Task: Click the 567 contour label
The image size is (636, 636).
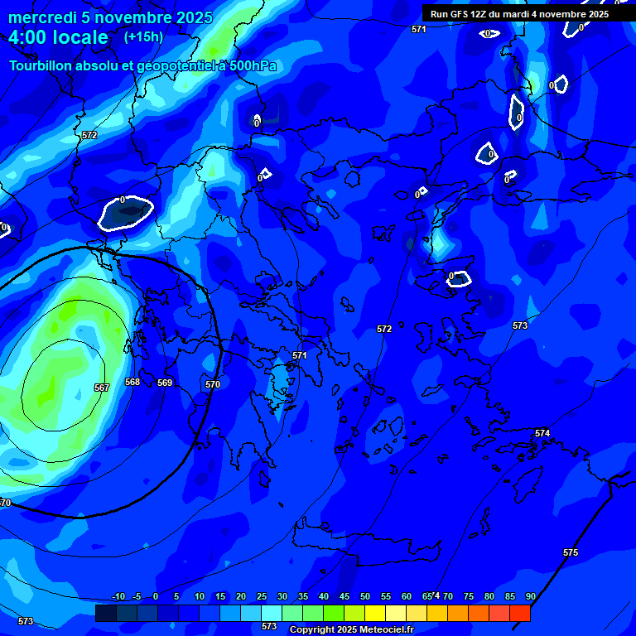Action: click(101, 388)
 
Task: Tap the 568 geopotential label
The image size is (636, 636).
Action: click(132, 382)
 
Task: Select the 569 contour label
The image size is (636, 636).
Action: click(165, 383)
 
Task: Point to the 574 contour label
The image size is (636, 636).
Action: click(542, 433)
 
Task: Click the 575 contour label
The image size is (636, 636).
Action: click(571, 552)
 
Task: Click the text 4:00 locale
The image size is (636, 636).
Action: click(59, 37)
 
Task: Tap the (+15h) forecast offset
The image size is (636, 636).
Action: click(143, 36)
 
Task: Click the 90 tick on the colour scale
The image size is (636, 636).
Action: click(530, 596)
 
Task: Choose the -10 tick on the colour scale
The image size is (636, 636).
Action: click(118, 596)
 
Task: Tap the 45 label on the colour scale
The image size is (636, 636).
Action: click(344, 596)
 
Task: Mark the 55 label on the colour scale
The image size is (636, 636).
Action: click(386, 596)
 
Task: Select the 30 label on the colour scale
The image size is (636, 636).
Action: click(282, 596)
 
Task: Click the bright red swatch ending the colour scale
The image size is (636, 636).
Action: click(520, 613)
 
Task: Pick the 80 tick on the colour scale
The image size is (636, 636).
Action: click(489, 596)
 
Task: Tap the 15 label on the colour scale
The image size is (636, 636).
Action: click(220, 596)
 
